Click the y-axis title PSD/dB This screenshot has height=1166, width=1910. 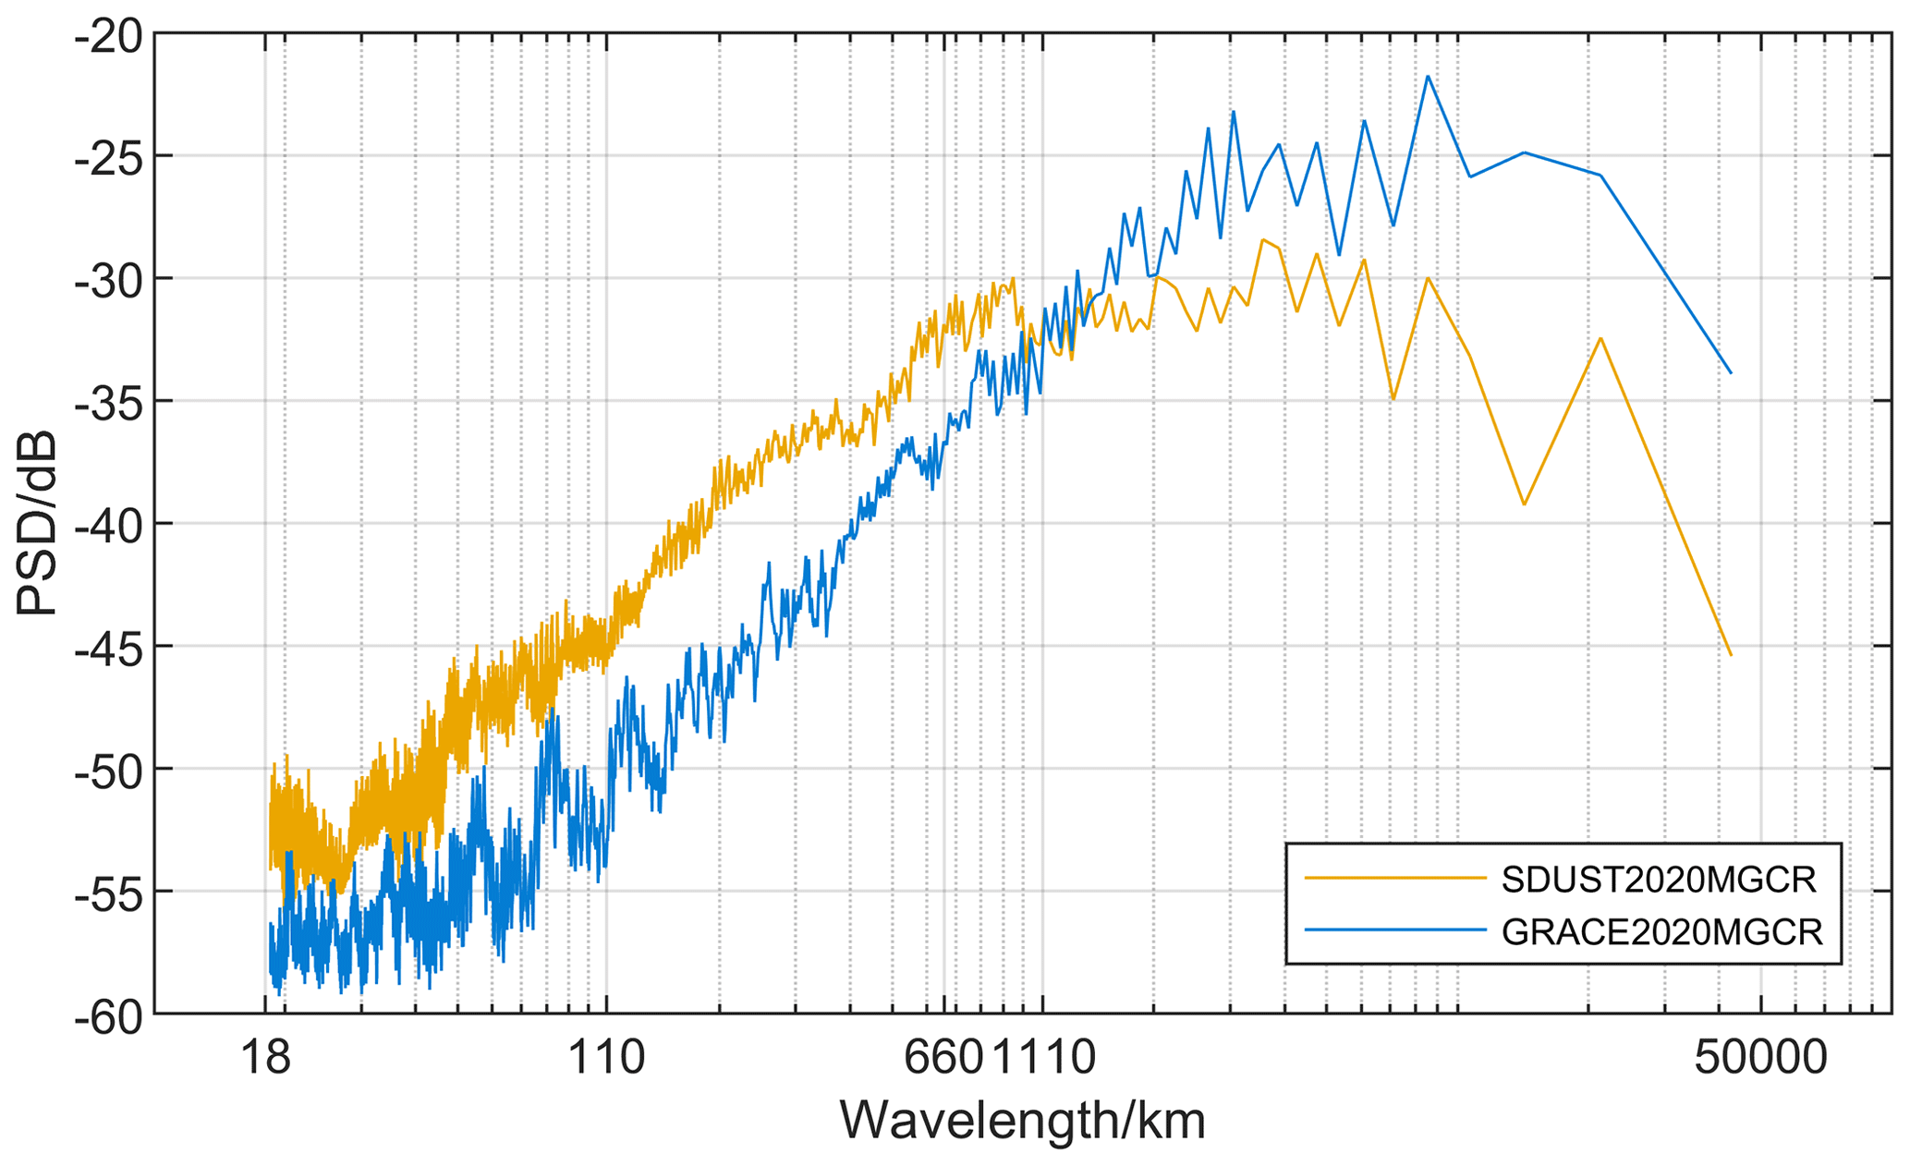coord(39,524)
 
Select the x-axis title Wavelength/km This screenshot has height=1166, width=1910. coord(1022,1122)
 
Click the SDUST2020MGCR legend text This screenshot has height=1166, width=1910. coord(1660,880)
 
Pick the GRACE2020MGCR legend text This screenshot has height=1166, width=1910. coord(1662,932)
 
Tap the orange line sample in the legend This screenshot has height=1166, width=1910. coord(1394,879)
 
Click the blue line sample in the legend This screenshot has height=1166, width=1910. coord(1394,930)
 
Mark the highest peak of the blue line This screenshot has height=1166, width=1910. coord(1428,76)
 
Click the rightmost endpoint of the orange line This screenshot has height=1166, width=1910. coord(1731,656)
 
